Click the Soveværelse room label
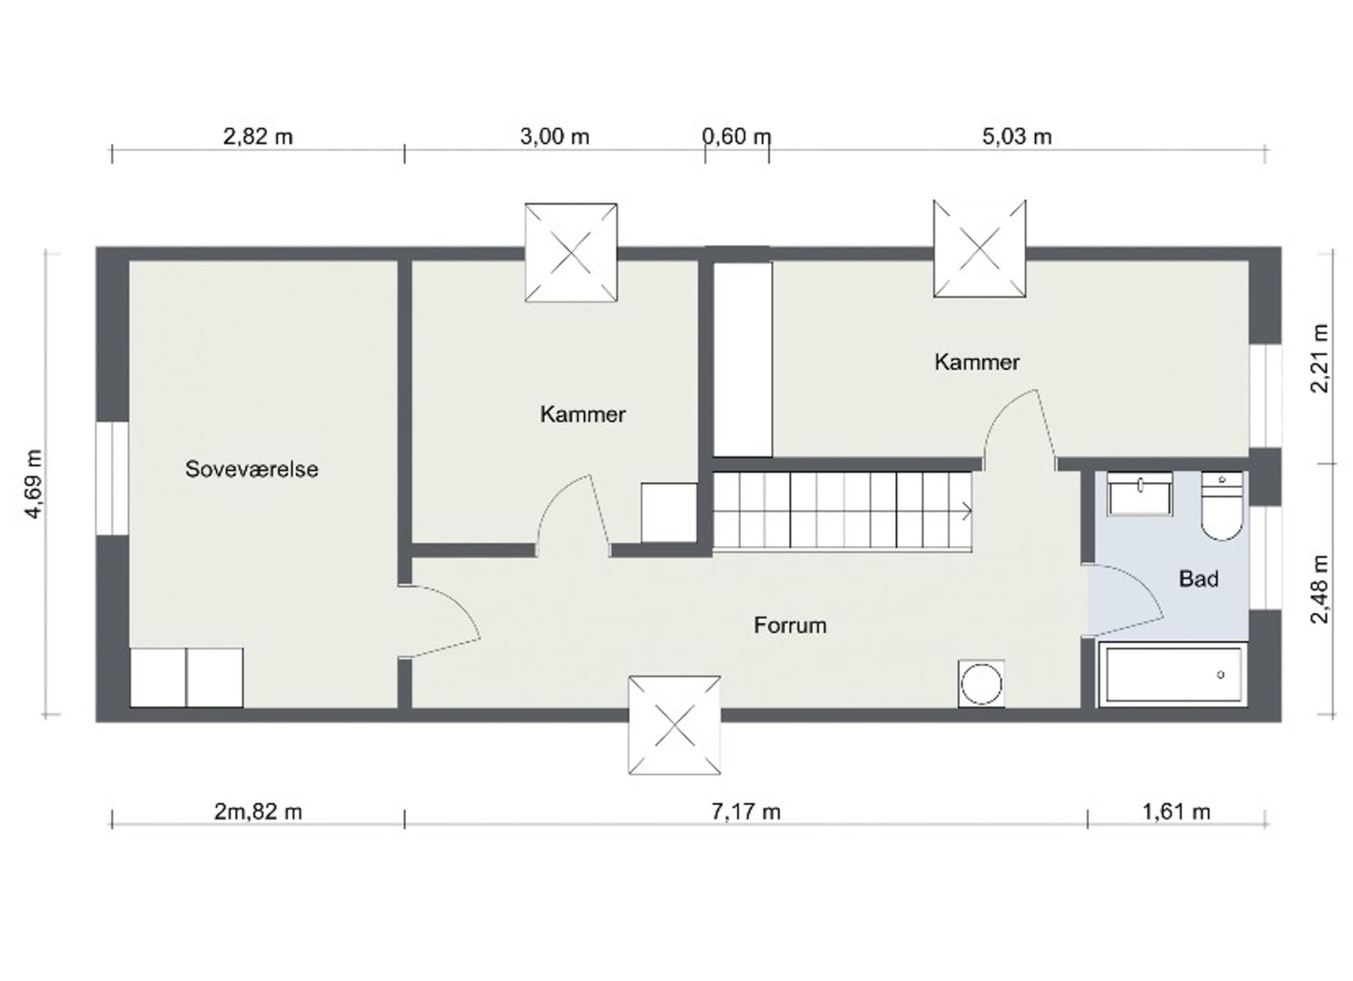252,470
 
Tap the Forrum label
790,625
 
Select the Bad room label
1199,580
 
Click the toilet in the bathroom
1222,506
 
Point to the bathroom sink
1140,494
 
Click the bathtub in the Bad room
1173,675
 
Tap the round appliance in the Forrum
982,684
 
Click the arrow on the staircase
965,511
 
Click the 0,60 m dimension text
737,137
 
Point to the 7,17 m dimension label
746,812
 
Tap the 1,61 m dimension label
1176,812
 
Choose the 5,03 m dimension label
1017,137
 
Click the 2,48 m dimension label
1320,589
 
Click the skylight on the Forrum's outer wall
675,725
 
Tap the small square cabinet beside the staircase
669,512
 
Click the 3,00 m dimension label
555,137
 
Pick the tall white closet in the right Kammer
743,360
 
